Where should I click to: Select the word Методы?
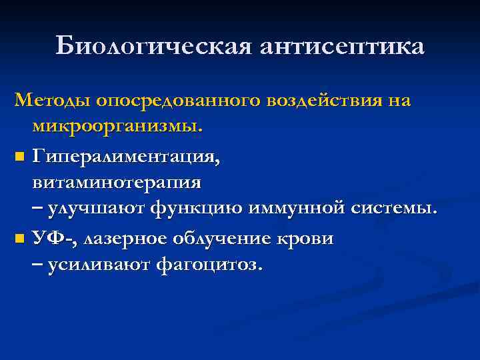53,101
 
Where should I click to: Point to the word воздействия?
323,101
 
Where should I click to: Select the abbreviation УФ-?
51,238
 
